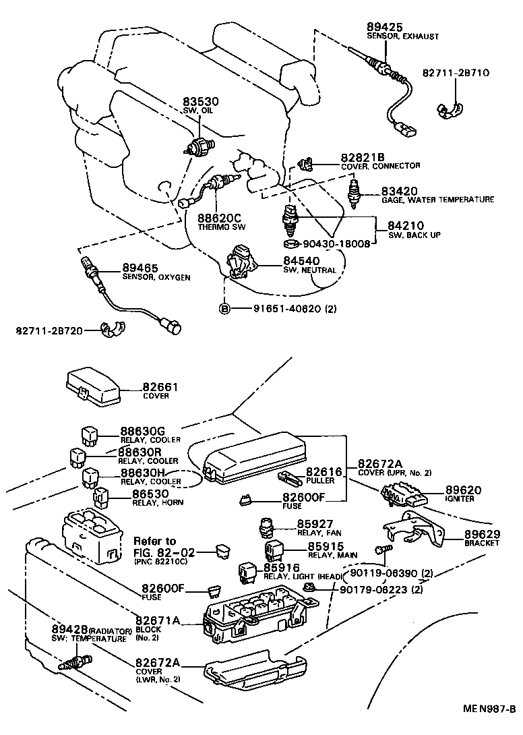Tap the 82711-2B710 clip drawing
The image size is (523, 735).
(x=449, y=110)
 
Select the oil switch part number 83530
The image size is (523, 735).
(x=201, y=102)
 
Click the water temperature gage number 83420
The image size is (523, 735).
(x=400, y=191)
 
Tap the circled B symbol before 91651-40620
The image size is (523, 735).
(x=224, y=309)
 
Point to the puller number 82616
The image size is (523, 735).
(x=324, y=473)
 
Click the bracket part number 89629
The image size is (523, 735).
(x=481, y=534)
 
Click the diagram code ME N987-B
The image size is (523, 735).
(x=489, y=727)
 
